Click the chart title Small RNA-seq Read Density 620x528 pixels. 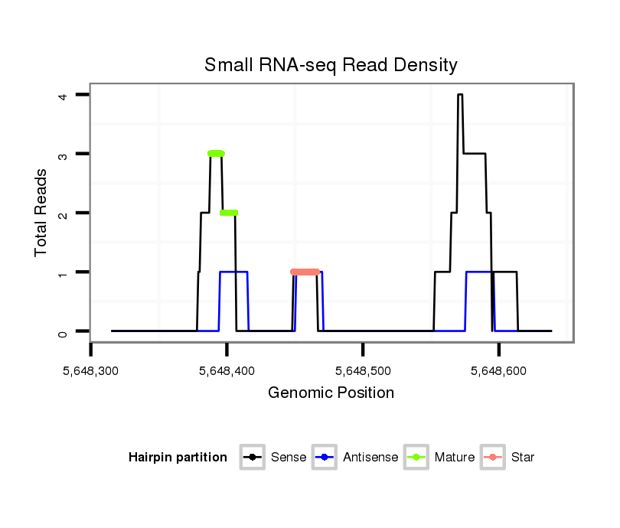tap(331, 65)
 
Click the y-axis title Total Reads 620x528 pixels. tap(41, 212)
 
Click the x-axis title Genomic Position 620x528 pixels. tap(331, 393)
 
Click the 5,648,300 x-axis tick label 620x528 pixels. tap(91, 371)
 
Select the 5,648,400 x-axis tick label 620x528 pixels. tap(227, 371)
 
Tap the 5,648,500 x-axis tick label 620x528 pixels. tap(363, 371)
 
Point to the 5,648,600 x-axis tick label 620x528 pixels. tap(498, 371)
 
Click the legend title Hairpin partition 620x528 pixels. tap(178, 458)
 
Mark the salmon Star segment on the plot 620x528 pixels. tap(305, 272)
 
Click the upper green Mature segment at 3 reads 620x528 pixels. tap(216, 154)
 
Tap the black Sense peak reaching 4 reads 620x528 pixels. tap(460, 95)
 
